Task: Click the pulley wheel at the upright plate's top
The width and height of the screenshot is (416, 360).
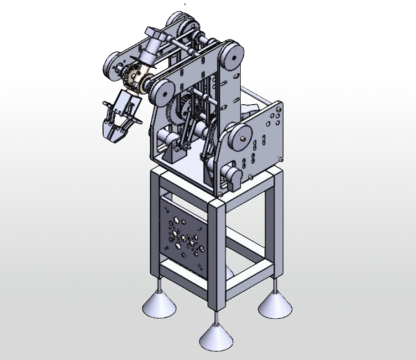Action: click(229, 55)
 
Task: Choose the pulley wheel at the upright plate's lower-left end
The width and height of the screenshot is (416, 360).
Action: click(160, 92)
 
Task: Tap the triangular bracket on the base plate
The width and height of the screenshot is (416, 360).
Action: click(176, 153)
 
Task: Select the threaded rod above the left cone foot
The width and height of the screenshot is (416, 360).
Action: click(158, 283)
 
